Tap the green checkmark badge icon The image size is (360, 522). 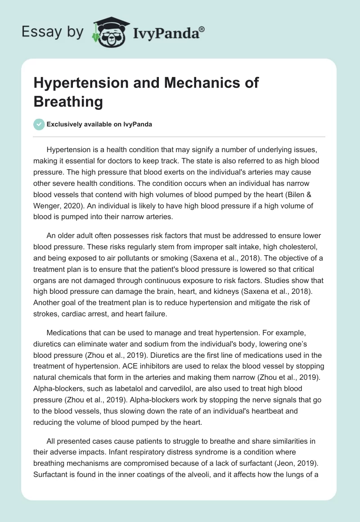point(39,124)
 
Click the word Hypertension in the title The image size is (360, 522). point(80,83)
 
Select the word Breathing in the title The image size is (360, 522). point(68,102)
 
